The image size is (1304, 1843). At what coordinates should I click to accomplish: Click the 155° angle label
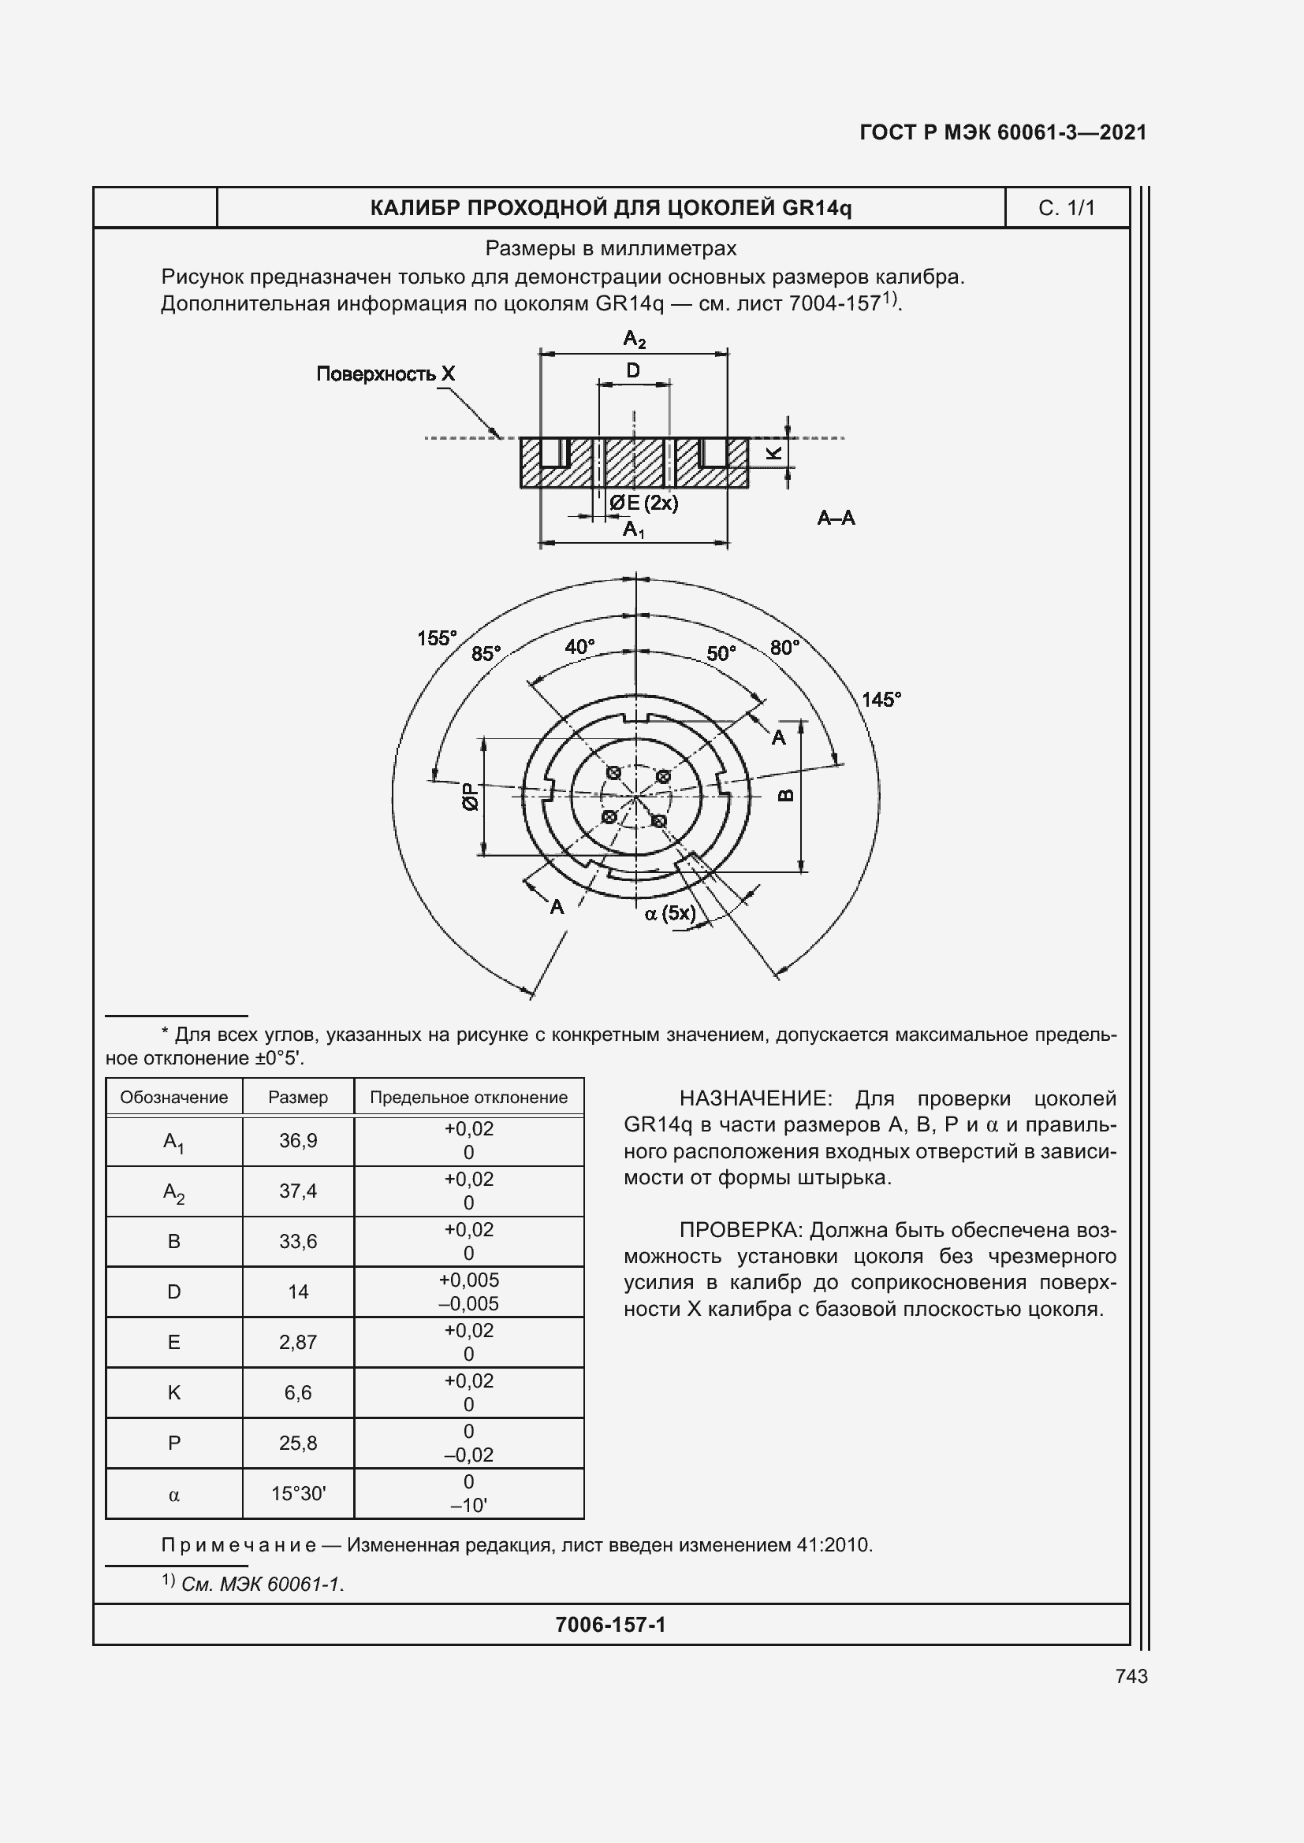[x=436, y=638]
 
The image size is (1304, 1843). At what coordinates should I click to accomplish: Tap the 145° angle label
[x=881, y=700]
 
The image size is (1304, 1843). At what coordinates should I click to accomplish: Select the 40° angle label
[x=579, y=647]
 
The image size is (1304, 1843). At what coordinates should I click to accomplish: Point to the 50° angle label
[x=721, y=653]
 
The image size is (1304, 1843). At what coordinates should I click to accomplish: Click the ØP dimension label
[x=471, y=797]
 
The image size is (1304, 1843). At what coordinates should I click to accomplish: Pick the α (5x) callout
[x=669, y=913]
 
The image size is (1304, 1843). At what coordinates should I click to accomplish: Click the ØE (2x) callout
[x=643, y=503]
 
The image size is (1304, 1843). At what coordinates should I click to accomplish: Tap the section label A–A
[x=836, y=518]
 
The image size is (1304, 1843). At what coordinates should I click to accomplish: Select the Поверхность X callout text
[x=386, y=374]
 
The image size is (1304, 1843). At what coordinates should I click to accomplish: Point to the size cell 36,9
[x=298, y=1141]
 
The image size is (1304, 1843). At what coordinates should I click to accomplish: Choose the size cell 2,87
[x=298, y=1342]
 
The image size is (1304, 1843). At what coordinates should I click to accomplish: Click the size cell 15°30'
[x=298, y=1494]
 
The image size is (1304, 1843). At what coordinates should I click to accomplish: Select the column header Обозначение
[x=173, y=1098]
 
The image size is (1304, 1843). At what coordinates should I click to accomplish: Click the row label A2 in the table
[x=173, y=1192]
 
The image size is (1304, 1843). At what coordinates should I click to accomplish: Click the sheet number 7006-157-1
[x=610, y=1625]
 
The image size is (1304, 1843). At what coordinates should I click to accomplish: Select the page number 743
[x=1131, y=1676]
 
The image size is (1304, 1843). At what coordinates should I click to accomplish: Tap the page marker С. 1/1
[x=1067, y=209]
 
